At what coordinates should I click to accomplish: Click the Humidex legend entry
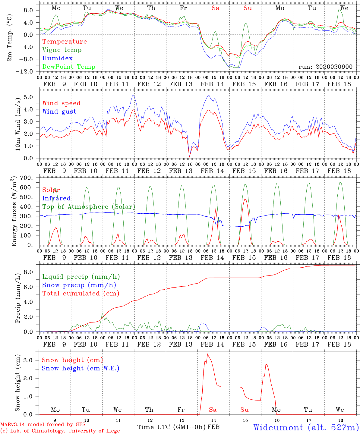pos(57,58)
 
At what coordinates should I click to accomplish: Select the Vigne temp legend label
pos(62,50)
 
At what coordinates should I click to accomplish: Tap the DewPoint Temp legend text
pos(69,67)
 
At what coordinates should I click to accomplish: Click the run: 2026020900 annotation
pos(325,67)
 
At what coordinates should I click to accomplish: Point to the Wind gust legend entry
pos(59,112)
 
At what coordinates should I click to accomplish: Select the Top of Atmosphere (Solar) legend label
pos(89,207)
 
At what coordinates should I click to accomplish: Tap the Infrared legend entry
pos(56,198)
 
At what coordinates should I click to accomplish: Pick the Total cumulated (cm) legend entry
pos(81,294)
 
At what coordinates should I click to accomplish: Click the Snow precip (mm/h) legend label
pos(79,285)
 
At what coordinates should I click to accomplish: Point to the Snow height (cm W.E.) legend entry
pos(81,368)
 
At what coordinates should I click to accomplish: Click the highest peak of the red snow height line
pos(207,354)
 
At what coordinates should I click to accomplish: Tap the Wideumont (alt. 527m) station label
pos(306,427)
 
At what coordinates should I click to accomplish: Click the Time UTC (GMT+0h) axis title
pos(172,427)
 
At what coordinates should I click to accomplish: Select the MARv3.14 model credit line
pos(43,425)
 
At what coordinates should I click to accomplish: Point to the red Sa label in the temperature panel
pos(215,8)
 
